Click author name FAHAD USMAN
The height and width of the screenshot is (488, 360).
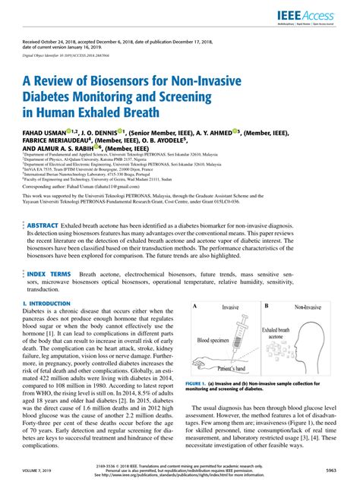47,134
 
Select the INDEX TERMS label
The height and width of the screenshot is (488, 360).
50,252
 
